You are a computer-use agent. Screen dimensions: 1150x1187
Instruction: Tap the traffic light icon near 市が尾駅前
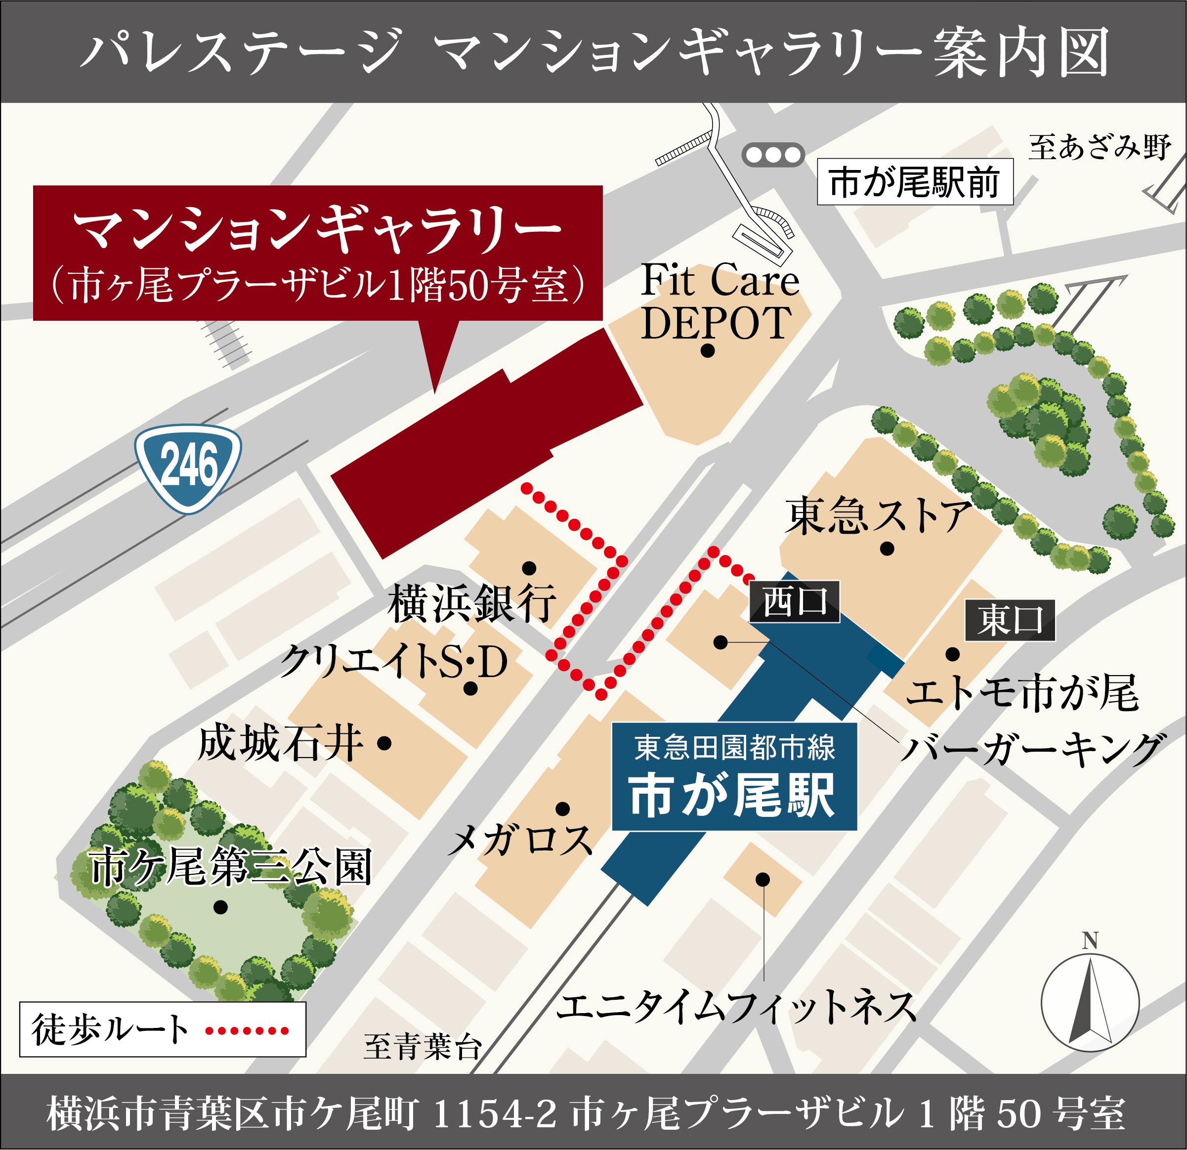coord(773,155)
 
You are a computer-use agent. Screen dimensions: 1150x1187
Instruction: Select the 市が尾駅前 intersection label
coord(915,182)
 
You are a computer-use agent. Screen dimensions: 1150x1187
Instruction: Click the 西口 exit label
coord(795,602)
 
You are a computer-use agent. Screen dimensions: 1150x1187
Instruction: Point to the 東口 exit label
coord(1010,620)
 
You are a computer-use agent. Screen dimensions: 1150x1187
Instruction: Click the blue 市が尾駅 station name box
coord(734,776)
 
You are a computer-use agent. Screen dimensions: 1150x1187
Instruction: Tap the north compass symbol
coord(1090,1002)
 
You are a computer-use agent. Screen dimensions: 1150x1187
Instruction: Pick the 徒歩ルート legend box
coord(162,1029)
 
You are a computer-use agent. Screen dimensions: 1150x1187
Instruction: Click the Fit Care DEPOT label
coord(720,301)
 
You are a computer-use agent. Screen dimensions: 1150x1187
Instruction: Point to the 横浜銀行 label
coord(472,603)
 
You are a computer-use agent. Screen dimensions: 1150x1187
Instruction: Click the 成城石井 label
coord(280,744)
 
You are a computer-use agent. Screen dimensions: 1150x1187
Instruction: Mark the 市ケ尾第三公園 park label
coord(230,867)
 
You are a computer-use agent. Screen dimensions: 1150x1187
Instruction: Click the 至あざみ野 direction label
coord(1099,147)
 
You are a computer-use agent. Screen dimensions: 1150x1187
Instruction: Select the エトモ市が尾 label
coord(1022,693)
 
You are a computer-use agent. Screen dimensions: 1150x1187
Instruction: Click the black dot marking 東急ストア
coord(887,549)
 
